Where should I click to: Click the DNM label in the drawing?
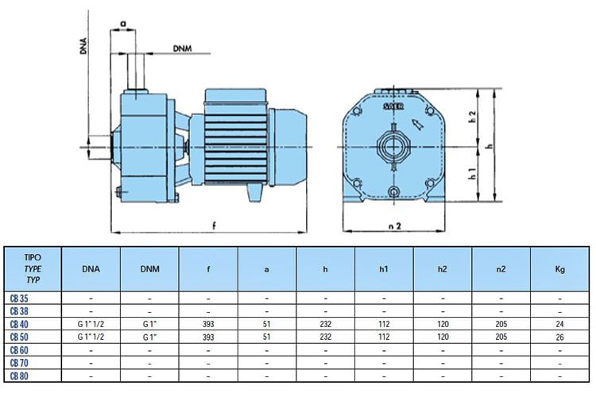[183, 48]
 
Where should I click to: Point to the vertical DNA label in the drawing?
[83, 46]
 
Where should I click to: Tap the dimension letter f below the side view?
[215, 226]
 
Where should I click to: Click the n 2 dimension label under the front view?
[395, 226]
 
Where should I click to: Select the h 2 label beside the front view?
[473, 117]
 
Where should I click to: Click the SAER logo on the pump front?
[393, 106]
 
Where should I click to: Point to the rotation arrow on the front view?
[418, 124]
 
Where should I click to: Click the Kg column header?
[560, 269]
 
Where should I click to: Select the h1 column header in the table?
[384, 269]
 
